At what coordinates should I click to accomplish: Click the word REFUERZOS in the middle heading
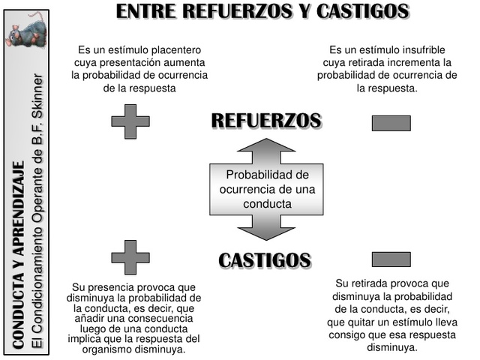coord(266,120)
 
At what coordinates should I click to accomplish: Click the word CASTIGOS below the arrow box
coord(265,260)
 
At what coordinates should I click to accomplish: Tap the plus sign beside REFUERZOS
coord(130,121)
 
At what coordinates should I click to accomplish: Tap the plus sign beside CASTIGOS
coord(130,257)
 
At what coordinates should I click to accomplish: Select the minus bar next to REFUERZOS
coord(391,123)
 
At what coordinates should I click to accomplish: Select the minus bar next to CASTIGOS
coord(391,259)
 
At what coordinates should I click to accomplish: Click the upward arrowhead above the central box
coord(266,149)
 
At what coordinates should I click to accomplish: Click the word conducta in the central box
coord(268,203)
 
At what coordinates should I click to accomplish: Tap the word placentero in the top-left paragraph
coord(176,49)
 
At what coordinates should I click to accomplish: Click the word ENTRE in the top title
coord(147,11)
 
